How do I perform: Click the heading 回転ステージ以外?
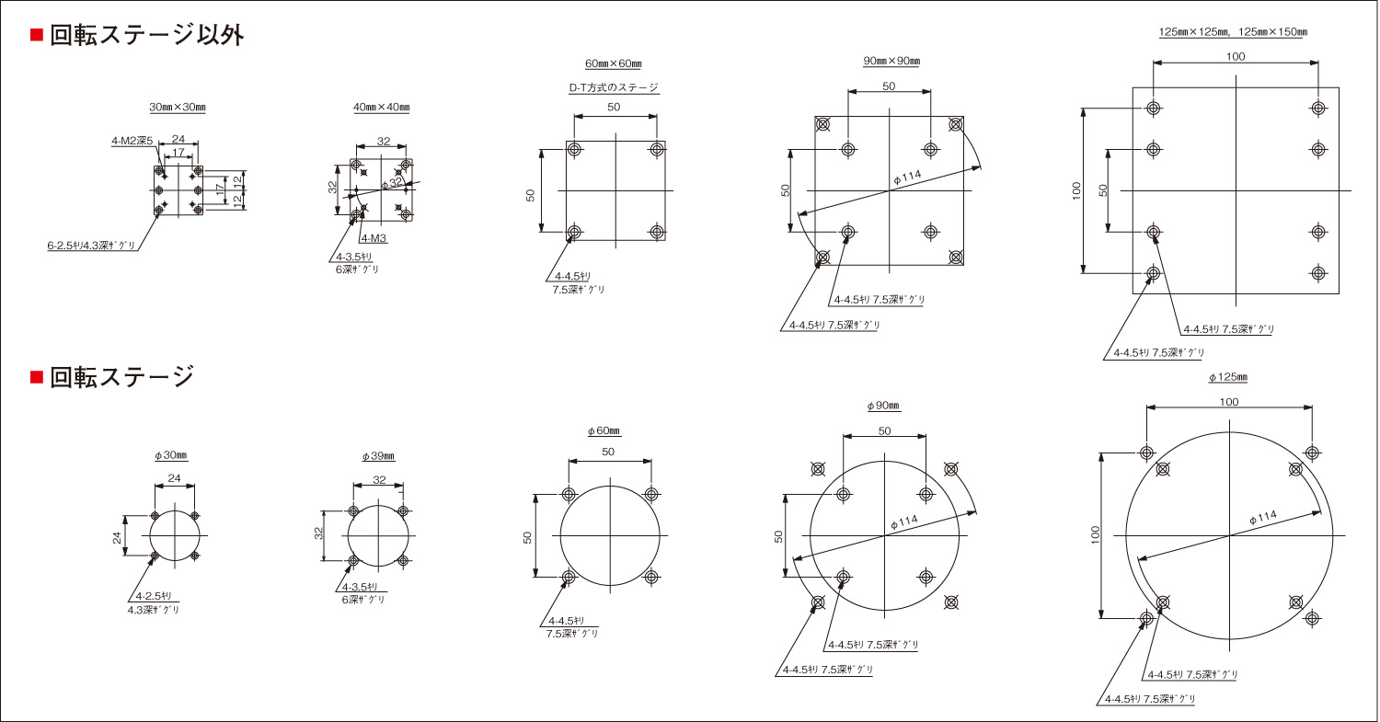146,35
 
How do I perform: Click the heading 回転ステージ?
122,376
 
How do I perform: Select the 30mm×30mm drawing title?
178,108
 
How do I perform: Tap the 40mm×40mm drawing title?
382,108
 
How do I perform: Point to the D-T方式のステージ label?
614,87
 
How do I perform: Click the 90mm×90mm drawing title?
891,61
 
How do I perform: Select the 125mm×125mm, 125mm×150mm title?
1233,32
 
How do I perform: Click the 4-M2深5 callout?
132,141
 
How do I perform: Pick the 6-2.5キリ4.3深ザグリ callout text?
91,246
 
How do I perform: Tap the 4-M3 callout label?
374,238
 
